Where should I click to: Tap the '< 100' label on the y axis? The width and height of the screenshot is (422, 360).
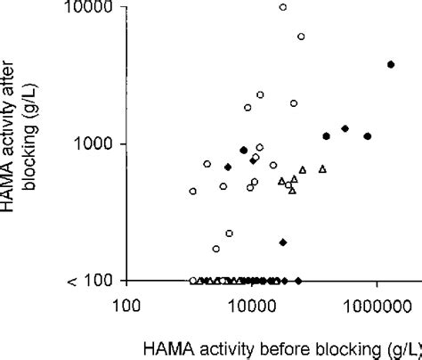[89, 281]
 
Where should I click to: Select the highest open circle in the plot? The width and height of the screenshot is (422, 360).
[283, 7]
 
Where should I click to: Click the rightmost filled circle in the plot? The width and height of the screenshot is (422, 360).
[391, 64]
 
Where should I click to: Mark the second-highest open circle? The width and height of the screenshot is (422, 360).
[301, 37]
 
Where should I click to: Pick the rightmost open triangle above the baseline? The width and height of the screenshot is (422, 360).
[322, 168]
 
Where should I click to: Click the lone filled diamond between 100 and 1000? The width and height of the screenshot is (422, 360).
[283, 242]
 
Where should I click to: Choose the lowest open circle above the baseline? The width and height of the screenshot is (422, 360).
[215, 249]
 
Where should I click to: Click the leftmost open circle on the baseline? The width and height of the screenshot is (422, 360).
[193, 281]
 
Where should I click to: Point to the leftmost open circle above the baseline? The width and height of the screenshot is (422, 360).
[193, 192]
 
